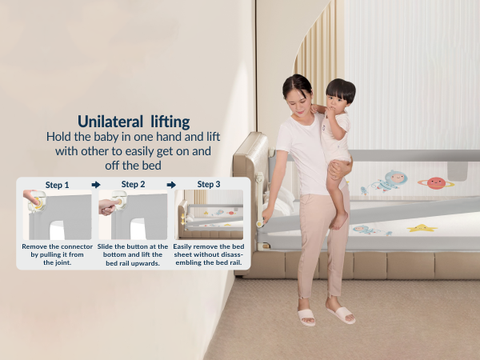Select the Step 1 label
point(57,185)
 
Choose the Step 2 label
point(134,185)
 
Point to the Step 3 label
point(208,185)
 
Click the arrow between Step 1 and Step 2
point(96,185)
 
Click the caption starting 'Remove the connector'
point(57,254)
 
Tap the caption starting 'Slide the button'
point(133,254)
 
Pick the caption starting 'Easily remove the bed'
point(209,254)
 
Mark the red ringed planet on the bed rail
point(436,182)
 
